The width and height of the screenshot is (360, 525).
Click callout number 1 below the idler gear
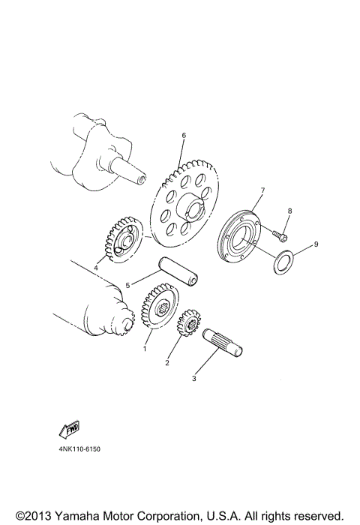[145, 349]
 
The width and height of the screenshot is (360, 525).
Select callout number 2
[167, 362]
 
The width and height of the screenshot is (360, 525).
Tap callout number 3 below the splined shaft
[193, 379]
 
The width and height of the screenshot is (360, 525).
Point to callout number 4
[96, 265]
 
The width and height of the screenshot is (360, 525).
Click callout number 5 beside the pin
[128, 285]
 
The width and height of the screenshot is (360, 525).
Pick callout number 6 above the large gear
[182, 136]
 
